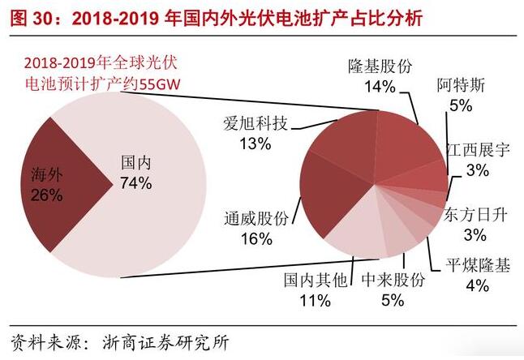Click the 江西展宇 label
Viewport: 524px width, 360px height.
pos(479,149)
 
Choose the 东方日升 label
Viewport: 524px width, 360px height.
pos(475,215)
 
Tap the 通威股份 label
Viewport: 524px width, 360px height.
pos(256,218)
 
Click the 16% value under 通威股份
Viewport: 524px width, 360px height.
pos(256,239)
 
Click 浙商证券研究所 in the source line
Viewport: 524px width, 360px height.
pos(165,341)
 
